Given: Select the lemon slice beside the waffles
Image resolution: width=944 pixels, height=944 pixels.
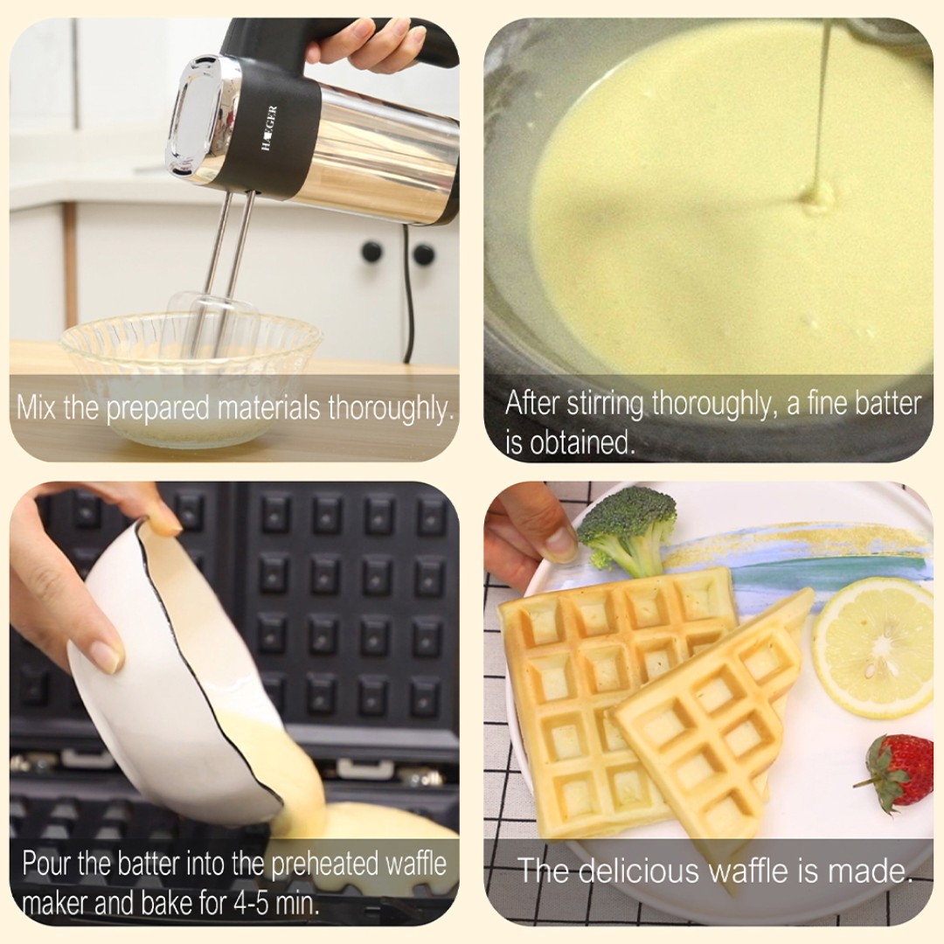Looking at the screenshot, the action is (x=874, y=647).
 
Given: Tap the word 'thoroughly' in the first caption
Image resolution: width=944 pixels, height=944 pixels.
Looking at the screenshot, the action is (x=390, y=409).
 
